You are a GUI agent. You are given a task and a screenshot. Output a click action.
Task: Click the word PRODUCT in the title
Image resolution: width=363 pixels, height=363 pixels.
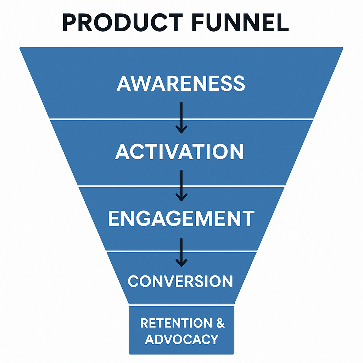pos(122,22)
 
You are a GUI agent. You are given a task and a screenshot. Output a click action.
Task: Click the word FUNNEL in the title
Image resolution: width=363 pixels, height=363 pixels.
pos(240,22)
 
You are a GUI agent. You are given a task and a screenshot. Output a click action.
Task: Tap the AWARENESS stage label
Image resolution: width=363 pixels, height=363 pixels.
pos(181,83)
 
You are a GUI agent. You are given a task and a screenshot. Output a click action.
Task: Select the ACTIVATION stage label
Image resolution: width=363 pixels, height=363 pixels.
pos(179,151)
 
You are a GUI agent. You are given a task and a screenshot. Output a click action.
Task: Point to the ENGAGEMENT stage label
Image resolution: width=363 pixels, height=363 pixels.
pos(181,218)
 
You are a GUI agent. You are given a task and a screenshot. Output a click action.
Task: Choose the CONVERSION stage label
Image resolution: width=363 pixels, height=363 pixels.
pos(180,281)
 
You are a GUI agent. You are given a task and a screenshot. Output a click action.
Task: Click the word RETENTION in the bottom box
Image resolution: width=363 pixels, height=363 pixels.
pos(176,323)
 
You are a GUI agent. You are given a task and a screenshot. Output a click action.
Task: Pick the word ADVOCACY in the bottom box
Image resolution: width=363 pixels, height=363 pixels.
pos(182,339)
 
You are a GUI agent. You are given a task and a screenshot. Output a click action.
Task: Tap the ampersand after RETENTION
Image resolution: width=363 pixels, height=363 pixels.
pos(220,323)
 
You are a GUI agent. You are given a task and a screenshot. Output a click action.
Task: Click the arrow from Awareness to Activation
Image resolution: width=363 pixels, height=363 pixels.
pos(181,118)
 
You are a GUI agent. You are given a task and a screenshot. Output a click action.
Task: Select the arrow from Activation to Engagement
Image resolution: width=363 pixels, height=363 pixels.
pos(181,186)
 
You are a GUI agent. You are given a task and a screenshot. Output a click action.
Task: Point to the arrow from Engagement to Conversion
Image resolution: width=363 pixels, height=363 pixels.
pos(181,252)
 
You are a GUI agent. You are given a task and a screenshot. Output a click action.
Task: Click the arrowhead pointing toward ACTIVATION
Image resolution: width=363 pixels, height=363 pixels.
pos(181,130)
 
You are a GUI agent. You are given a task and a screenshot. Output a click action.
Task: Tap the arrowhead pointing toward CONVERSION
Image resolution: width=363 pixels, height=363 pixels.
pos(181,263)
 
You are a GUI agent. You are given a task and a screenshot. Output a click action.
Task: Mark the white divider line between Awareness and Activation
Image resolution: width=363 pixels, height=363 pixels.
pos(181,119)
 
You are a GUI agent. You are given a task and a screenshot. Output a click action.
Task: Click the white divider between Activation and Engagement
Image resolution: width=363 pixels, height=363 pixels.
pos(181,186)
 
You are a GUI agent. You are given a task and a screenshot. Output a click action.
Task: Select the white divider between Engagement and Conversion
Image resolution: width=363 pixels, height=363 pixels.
pos(181,251)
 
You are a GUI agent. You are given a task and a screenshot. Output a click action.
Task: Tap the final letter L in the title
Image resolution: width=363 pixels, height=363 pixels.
pos(283,22)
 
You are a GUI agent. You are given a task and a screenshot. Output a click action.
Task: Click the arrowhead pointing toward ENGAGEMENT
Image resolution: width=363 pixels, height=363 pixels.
pos(181,198)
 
